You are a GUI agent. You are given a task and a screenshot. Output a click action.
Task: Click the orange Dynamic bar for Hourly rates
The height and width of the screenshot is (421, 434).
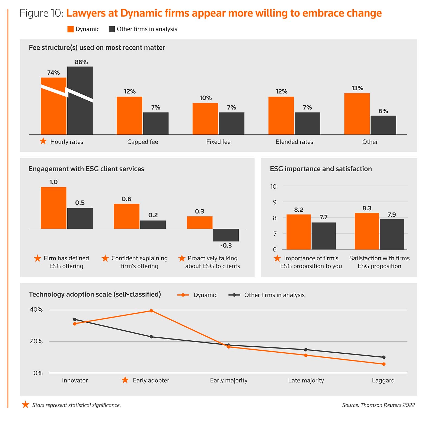(x=53, y=109)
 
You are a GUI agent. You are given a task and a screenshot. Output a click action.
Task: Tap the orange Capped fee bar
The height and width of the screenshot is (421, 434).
(x=129, y=116)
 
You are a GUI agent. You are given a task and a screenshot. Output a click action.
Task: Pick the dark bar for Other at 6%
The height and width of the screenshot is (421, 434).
(x=383, y=125)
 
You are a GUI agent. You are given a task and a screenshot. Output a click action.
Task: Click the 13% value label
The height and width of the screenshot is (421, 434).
(x=357, y=88)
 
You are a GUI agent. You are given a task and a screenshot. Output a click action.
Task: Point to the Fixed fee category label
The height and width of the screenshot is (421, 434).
(x=218, y=142)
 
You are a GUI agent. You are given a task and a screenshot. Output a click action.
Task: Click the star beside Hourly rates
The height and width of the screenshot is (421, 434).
(x=43, y=141)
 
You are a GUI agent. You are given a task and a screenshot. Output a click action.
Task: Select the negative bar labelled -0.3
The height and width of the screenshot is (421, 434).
(x=226, y=235)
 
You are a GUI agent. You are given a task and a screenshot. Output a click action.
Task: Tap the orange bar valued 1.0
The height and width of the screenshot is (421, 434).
(x=53, y=208)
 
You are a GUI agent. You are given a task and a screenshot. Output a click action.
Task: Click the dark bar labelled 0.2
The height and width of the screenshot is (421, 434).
(x=153, y=225)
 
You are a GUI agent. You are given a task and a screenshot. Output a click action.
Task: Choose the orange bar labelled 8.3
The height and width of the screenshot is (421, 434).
(x=367, y=231)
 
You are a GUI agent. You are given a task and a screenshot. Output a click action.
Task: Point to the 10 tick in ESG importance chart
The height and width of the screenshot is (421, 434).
(x=273, y=186)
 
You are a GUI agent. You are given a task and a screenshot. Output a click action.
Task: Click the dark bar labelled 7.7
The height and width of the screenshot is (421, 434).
(x=324, y=236)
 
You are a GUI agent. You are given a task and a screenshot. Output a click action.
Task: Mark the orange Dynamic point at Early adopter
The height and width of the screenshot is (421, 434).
(x=151, y=311)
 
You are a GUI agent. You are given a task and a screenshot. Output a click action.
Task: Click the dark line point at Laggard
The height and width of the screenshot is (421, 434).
(x=384, y=357)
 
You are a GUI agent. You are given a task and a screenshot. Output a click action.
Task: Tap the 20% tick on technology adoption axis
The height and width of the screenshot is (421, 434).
(x=36, y=341)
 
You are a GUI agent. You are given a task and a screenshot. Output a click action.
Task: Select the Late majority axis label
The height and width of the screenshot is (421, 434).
(x=306, y=380)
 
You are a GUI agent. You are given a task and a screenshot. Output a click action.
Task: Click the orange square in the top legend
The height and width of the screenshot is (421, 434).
(x=71, y=29)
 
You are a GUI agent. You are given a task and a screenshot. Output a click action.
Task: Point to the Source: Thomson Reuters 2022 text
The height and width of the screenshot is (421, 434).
(x=378, y=405)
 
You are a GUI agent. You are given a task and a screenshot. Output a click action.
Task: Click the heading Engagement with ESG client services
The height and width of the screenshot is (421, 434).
(x=86, y=169)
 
